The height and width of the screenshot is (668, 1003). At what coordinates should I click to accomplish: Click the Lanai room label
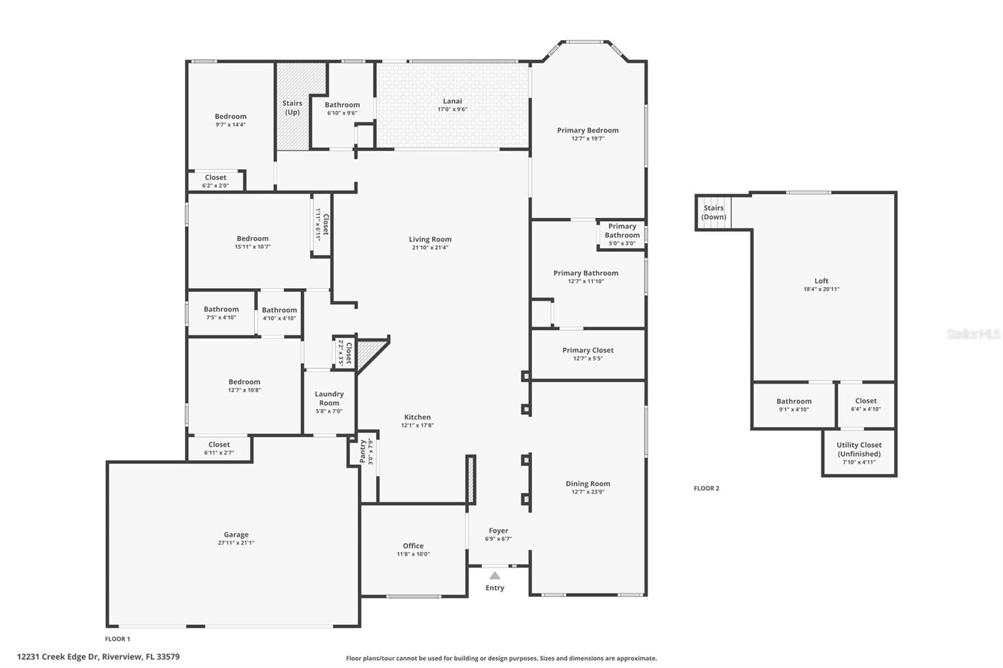pyautogui.click(x=452, y=101)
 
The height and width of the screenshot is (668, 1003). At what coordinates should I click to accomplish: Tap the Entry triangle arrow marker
pyautogui.click(x=495, y=575)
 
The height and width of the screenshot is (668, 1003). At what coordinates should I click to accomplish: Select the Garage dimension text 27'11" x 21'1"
pyautogui.click(x=236, y=543)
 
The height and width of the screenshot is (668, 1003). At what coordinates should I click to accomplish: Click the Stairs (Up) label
pyautogui.click(x=292, y=107)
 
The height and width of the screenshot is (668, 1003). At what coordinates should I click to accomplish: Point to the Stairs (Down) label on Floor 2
pyautogui.click(x=714, y=212)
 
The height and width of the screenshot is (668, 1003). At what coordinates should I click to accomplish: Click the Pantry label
pyautogui.click(x=363, y=451)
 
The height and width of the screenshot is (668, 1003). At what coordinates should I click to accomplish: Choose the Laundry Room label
pyautogui.click(x=329, y=398)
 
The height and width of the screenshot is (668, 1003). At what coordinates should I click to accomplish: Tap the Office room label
pyautogui.click(x=413, y=546)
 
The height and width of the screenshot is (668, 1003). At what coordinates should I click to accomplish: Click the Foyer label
pyautogui.click(x=498, y=531)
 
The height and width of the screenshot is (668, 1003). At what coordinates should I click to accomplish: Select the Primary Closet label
pyautogui.click(x=588, y=350)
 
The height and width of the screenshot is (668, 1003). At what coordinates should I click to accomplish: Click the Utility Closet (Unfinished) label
pyautogui.click(x=859, y=449)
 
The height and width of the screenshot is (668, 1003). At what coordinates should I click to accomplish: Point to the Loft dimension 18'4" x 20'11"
pyautogui.click(x=821, y=290)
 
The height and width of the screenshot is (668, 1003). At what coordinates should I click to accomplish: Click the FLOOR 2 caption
pyautogui.click(x=706, y=488)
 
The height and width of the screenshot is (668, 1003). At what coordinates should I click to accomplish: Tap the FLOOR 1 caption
pyautogui.click(x=117, y=639)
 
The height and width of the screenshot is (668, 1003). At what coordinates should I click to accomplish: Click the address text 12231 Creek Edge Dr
pyautogui.click(x=58, y=657)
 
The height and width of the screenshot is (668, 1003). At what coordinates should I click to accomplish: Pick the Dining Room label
pyautogui.click(x=588, y=484)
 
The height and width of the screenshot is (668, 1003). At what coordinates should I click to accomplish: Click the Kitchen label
pyautogui.click(x=417, y=417)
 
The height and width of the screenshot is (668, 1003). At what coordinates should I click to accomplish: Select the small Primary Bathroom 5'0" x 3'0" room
pyautogui.click(x=622, y=234)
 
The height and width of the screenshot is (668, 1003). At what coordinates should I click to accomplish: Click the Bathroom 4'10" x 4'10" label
pyautogui.click(x=280, y=310)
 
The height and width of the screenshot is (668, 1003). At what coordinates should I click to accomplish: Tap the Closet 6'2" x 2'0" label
pyautogui.click(x=216, y=177)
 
